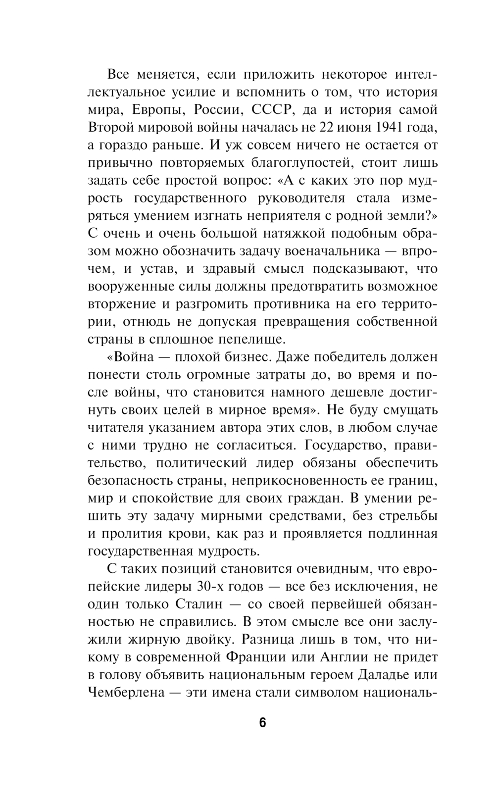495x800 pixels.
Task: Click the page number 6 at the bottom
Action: (x=262, y=723)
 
